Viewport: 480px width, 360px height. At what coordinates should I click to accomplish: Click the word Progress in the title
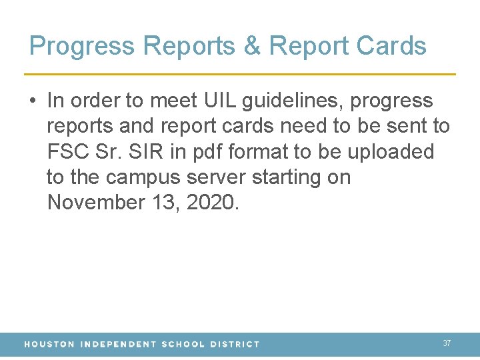(x=83, y=47)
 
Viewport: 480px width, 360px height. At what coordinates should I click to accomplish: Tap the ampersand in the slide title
(x=251, y=46)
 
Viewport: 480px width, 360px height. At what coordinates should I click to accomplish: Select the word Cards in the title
(x=391, y=46)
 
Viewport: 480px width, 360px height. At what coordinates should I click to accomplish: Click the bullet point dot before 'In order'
(x=33, y=101)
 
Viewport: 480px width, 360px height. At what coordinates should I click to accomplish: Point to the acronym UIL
(x=217, y=101)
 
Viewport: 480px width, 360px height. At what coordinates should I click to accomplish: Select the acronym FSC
(x=68, y=152)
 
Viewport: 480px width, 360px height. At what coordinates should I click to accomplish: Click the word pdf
(x=205, y=153)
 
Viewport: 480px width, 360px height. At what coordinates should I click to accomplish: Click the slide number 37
(x=447, y=343)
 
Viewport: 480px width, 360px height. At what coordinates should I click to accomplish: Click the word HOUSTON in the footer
(x=49, y=345)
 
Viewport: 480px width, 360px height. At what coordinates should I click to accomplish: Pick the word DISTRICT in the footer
(x=235, y=345)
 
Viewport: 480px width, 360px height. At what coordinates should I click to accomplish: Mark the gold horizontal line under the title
(x=240, y=73)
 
